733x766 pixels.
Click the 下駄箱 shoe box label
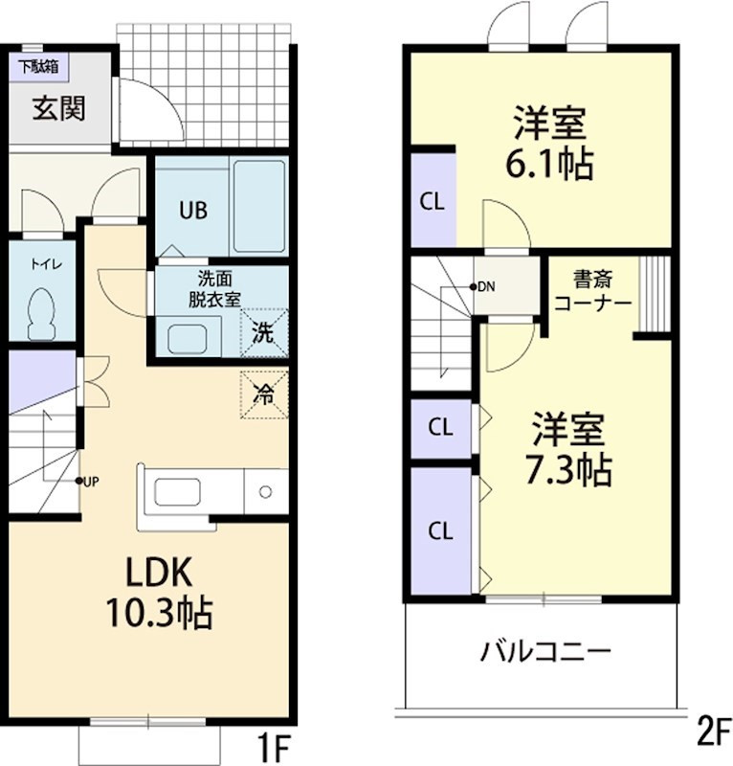coord(36,67)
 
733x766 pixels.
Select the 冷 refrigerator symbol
coord(263,393)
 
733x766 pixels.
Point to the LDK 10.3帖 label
coord(160,592)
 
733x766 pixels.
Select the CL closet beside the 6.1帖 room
coord(432,202)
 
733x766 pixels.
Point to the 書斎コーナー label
coord(592,291)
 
